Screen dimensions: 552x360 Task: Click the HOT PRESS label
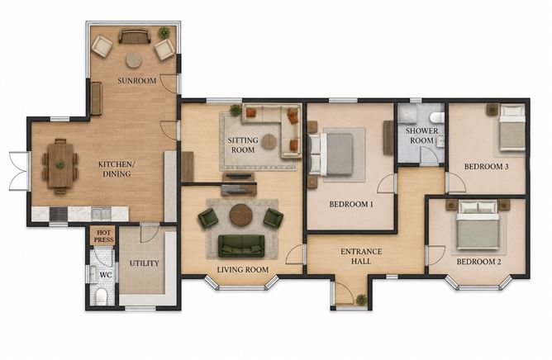coord(104,236)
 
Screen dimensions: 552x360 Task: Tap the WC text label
coord(106,275)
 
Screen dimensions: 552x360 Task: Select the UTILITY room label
coord(144,263)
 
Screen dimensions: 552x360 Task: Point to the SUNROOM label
coord(137,81)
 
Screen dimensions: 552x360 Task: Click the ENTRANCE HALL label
coord(361,256)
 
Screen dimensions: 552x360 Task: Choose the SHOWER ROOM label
coord(421,135)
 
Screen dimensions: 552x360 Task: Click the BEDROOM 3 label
coord(486,167)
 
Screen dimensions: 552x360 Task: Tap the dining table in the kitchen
coord(60,165)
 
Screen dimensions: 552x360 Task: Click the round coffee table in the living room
coord(240,215)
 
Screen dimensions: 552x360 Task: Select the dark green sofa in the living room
coord(241,245)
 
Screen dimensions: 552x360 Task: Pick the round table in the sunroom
coord(134,59)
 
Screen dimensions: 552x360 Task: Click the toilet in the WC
coord(102,296)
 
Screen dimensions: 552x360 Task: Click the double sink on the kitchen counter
coord(101,214)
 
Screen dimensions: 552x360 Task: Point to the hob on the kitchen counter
coord(59,214)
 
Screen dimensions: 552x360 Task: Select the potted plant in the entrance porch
coord(361,300)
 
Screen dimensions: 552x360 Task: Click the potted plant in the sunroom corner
coord(164,33)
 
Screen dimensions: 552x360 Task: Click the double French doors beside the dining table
coord(19,171)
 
